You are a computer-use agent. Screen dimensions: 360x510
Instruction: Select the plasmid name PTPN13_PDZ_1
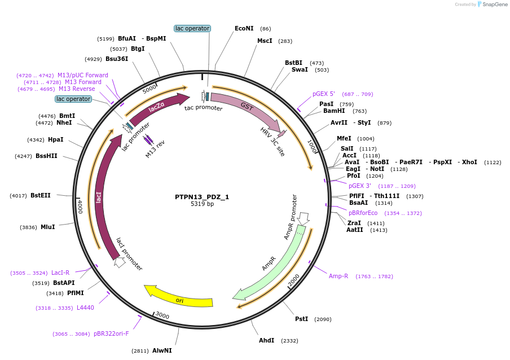tap(202, 197)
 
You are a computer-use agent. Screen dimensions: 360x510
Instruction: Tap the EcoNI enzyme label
tap(244, 28)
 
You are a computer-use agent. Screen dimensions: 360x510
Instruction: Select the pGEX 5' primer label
tap(324, 94)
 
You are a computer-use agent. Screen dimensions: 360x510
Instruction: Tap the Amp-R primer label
tap(338, 276)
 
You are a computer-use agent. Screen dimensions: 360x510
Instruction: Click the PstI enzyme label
tap(302, 319)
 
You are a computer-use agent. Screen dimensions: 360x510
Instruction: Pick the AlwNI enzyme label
tap(162, 351)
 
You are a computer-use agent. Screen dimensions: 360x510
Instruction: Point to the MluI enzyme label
tap(48, 227)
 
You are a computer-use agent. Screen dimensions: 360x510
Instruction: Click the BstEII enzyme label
tap(41, 196)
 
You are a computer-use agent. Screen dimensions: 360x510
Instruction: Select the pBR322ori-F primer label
tap(111, 334)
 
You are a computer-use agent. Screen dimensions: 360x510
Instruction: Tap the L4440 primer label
tap(85, 308)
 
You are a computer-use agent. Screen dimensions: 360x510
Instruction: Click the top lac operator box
tap(192, 28)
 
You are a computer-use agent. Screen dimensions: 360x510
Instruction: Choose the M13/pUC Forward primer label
tap(82, 76)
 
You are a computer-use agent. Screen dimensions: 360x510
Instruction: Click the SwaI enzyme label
tap(300, 70)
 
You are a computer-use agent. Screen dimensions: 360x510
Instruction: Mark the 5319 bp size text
tap(202, 204)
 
